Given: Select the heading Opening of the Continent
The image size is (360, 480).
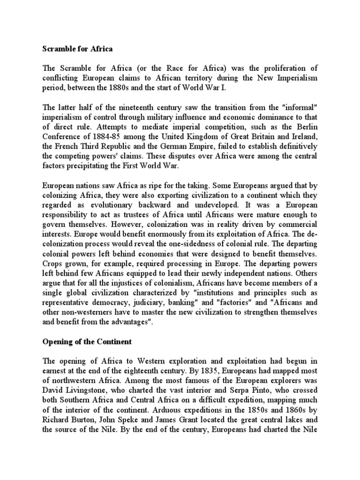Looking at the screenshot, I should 87,342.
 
